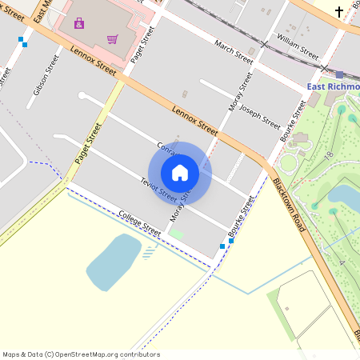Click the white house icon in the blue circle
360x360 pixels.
click(x=180, y=172)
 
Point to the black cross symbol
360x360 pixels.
click(x=339, y=11)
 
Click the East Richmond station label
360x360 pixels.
click(x=334, y=86)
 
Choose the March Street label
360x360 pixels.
click(x=234, y=50)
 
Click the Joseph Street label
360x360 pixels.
click(x=260, y=118)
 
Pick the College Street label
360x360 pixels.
click(x=139, y=222)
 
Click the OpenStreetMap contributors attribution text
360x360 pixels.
click(x=81, y=354)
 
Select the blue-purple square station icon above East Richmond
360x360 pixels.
click(x=340, y=74)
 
